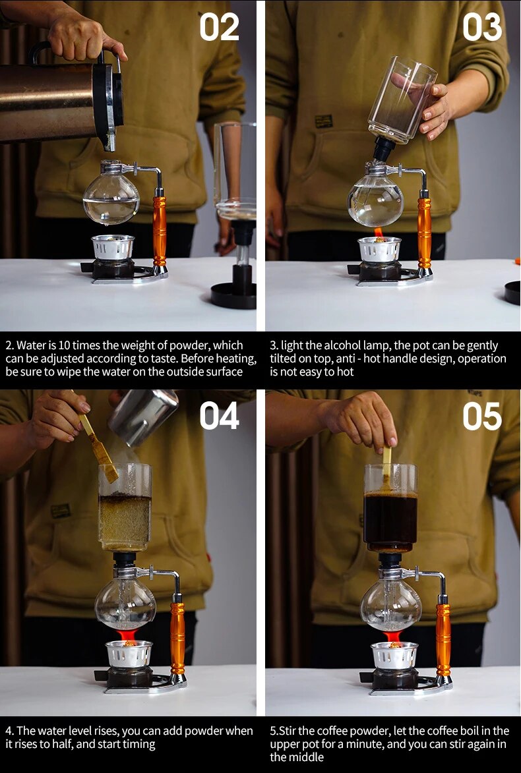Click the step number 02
tap(219, 28)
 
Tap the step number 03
tap(482, 28)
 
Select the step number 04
tap(219, 416)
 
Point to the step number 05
tap(482, 416)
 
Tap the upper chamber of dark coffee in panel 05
tap(390, 521)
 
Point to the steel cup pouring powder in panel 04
tap(143, 416)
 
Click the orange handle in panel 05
tap(443, 639)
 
